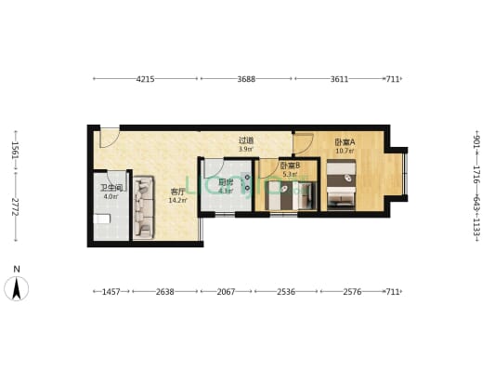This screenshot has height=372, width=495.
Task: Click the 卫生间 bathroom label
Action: click(111, 188)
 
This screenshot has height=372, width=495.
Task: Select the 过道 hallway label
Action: click(245, 140)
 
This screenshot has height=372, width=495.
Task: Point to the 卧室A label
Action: click(345, 142)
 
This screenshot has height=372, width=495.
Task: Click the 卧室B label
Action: click(290, 166)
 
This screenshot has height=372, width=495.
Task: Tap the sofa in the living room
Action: click(145, 207)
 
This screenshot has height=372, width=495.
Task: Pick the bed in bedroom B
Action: click(290, 196)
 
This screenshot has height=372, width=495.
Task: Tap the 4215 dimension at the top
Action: click(145, 79)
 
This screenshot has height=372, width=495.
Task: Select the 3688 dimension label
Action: click(246, 79)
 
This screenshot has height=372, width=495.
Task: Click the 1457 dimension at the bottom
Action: click(111, 292)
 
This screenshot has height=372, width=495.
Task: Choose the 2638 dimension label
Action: click(164, 292)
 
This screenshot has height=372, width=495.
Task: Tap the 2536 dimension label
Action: click(286, 292)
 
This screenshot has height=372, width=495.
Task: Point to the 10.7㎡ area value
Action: click(345, 151)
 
